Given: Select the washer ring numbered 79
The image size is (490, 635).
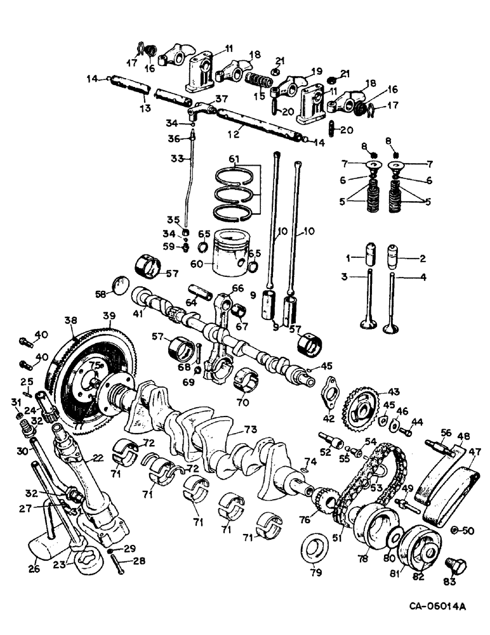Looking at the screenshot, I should [315, 547].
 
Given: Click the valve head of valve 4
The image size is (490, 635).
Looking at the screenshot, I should [391, 326].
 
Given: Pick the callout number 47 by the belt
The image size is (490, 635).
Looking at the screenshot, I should [475, 453].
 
